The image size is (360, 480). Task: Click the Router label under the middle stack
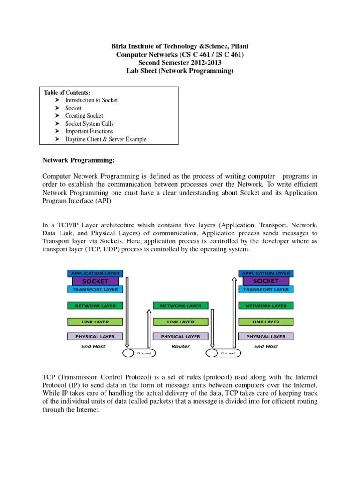pyautogui.click(x=180, y=346)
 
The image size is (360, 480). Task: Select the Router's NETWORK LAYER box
pyautogui.click(x=180, y=306)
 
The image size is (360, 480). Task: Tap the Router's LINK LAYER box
pyautogui.click(x=180, y=322)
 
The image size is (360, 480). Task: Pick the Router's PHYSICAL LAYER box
pyautogui.click(x=180, y=337)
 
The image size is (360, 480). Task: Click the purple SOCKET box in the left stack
pyautogui.click(x=95, y=281)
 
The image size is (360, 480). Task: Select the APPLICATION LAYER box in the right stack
pyautogui.click(x=266, y=273)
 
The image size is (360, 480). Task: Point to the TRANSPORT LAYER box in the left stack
pyautogui.click(x=95, y=290)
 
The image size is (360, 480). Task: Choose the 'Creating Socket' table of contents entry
pyautogui.click(x=84, y=116)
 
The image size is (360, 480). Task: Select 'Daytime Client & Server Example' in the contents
pyautogui.click(x=105, y=139)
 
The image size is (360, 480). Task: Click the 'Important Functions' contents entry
pyautogui.click(x=89, y=131)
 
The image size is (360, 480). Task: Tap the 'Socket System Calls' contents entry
pyautogui.click(x=89, y=124)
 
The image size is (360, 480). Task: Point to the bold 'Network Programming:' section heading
pyautogui.click(x=79, y=160)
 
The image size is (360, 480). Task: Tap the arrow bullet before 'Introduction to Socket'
pyautogui.click(x=57, y=100)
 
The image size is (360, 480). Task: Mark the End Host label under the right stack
pyautogui.click(x=266, y=346)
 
